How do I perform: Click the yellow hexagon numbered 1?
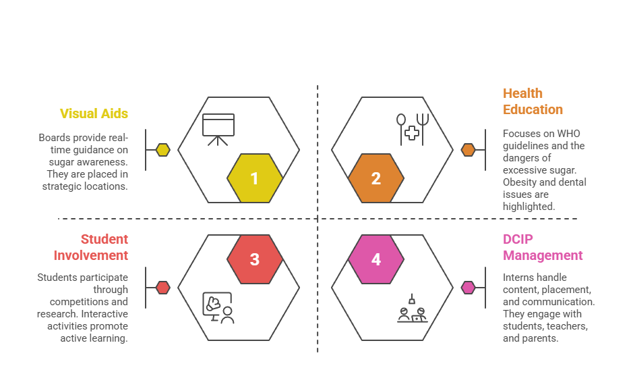tap(254, 178)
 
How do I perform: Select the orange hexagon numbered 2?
tap(376, 178)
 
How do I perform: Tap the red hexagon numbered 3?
tap(254, 259)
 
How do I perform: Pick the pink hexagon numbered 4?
tap(376, 259)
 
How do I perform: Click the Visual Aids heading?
tap(94, 113)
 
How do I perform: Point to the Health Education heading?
tap(533, 101)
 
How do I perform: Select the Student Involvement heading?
tap(91, 247)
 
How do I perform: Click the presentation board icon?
tap(218, 129)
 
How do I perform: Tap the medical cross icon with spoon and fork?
tap(412, 129)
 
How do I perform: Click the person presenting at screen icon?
tap(218, 308)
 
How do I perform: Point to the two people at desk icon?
tap(412, 309)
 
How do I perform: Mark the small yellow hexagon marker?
tap(163, 150)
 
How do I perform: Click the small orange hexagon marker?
tap(468, 150)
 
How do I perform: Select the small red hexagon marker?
tap(163, 288)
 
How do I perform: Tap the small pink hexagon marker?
tap(468, 288)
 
